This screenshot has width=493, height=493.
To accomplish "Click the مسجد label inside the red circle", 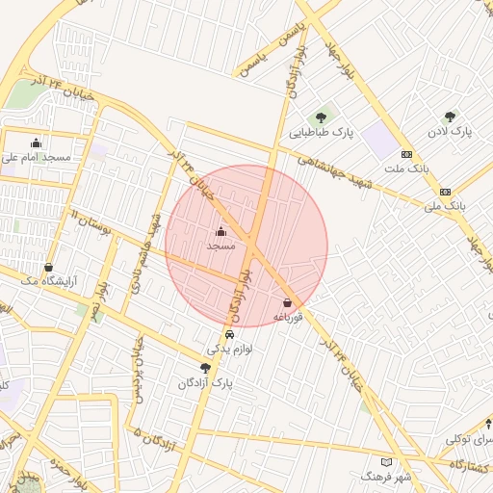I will [221, 246].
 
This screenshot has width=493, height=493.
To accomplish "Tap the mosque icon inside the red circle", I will [221, 232].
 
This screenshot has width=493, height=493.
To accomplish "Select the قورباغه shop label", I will [288, 317].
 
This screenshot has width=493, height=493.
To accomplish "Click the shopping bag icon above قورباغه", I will [288, 303].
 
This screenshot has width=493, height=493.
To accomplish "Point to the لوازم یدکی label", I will [229, 350].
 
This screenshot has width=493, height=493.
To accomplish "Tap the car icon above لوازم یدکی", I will [229, 335].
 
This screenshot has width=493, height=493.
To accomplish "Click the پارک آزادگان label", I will [205, 382].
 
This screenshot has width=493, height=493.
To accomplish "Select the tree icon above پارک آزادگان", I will [205, 367].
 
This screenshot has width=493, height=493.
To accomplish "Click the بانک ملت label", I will [405, 169].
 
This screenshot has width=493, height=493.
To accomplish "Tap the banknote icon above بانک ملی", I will [445, 192].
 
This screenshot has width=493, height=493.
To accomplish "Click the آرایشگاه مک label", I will [48, 282].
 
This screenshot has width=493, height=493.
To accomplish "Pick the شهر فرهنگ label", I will [386, 477].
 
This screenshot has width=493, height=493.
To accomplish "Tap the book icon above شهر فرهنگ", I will [386, 462].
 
